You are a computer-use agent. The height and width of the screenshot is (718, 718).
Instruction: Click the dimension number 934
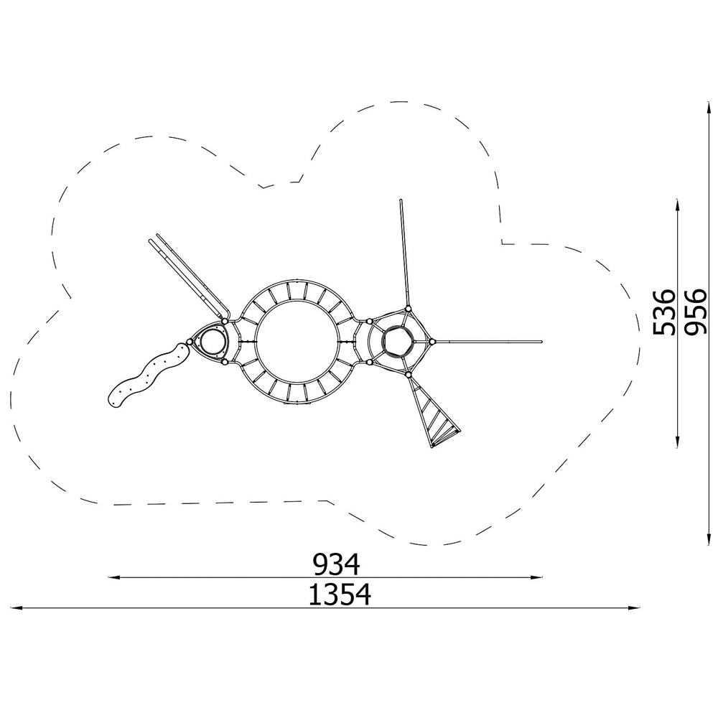click(x=336, y=564)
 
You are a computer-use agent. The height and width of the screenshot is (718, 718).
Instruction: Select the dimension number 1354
click(x=340, y=595)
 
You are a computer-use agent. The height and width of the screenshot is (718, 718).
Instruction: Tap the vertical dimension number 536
click(x=664, y=312)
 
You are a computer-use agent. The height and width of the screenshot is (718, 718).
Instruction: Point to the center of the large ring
click(x=297, y=342)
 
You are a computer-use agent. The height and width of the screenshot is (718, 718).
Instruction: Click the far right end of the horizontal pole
click(x=541, y=342)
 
